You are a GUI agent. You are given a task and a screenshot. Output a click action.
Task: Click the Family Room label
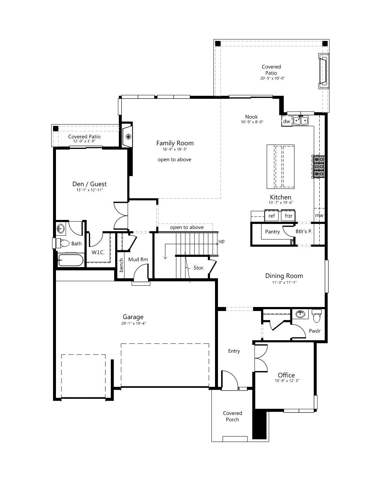click(175, 143)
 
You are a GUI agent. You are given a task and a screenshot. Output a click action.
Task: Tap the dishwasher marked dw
click(287, 121)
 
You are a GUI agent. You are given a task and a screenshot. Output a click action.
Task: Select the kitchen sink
click(301, 120)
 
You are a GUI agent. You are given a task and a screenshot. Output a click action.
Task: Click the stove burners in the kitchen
click(319, 167)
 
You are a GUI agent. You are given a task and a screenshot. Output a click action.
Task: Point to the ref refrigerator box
click(271, 216)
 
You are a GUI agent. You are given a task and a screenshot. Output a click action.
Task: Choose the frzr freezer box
click(288, 216)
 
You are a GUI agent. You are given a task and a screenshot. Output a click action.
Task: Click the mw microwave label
click(319, 215)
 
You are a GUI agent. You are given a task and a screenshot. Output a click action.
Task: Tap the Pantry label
click(272, 232)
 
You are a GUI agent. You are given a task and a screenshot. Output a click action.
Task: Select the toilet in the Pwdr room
click(317, 316)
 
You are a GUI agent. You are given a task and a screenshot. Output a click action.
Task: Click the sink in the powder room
click(301, 314)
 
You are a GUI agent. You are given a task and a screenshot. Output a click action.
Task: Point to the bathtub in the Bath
click(71, 260)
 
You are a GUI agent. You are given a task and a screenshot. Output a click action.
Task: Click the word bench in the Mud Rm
click(121, 265)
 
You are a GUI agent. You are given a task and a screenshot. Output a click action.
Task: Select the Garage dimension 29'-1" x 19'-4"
click(133, 323)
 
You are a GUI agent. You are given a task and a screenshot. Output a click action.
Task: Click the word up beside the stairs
click(222, 241)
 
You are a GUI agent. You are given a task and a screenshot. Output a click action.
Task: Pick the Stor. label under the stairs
click(199, 268)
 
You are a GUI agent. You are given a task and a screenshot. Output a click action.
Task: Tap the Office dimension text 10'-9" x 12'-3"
click(287, 381)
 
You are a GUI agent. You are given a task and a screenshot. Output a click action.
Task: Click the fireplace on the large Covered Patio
click(324, 71)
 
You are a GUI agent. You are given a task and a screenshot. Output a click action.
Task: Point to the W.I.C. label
click(98, 252)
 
